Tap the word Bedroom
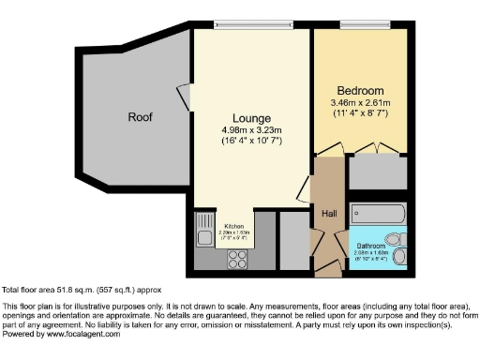[361, 90]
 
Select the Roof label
[141, 117]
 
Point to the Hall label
[329, 214]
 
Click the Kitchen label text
[233, 226]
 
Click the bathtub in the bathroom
[377, 214]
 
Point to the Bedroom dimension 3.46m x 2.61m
[361, 102]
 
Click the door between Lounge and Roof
[183, 96]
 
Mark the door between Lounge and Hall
[305, 190]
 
